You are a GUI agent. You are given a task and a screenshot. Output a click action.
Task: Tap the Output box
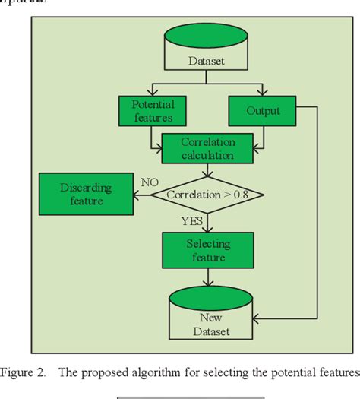[264, 111]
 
